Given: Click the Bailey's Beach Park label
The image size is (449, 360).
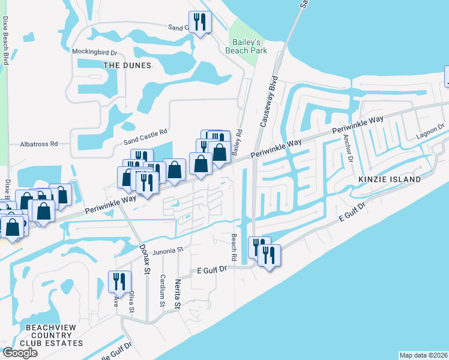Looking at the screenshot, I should coord(246,47).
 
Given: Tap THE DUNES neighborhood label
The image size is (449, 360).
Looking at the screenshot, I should coord(127,65).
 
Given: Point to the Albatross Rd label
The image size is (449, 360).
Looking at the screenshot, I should coord(38,144).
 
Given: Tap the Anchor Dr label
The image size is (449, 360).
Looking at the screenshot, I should coord(347,147).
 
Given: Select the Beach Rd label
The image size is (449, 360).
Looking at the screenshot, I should coord(233,247).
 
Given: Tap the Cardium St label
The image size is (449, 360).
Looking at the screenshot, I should coord(162,290).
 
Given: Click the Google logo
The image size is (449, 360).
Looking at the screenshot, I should coord(20,353).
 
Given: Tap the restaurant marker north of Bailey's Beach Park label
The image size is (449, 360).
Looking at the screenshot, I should coord(200,22).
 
